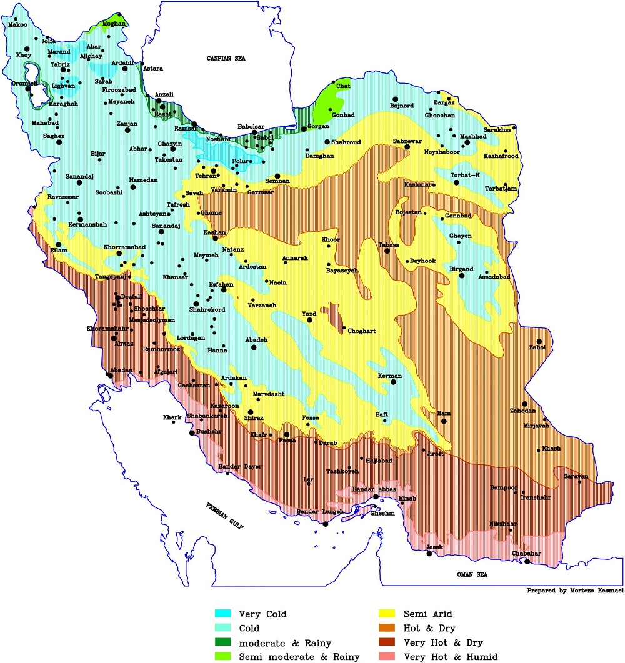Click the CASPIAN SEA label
coord(227,58)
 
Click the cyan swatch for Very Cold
coord(222,614)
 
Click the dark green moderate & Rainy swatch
coord(222,642)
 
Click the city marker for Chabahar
coord(527,562)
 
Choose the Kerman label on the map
coord(392,376)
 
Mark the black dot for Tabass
coord(387,251)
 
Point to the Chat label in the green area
coord(343,86)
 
